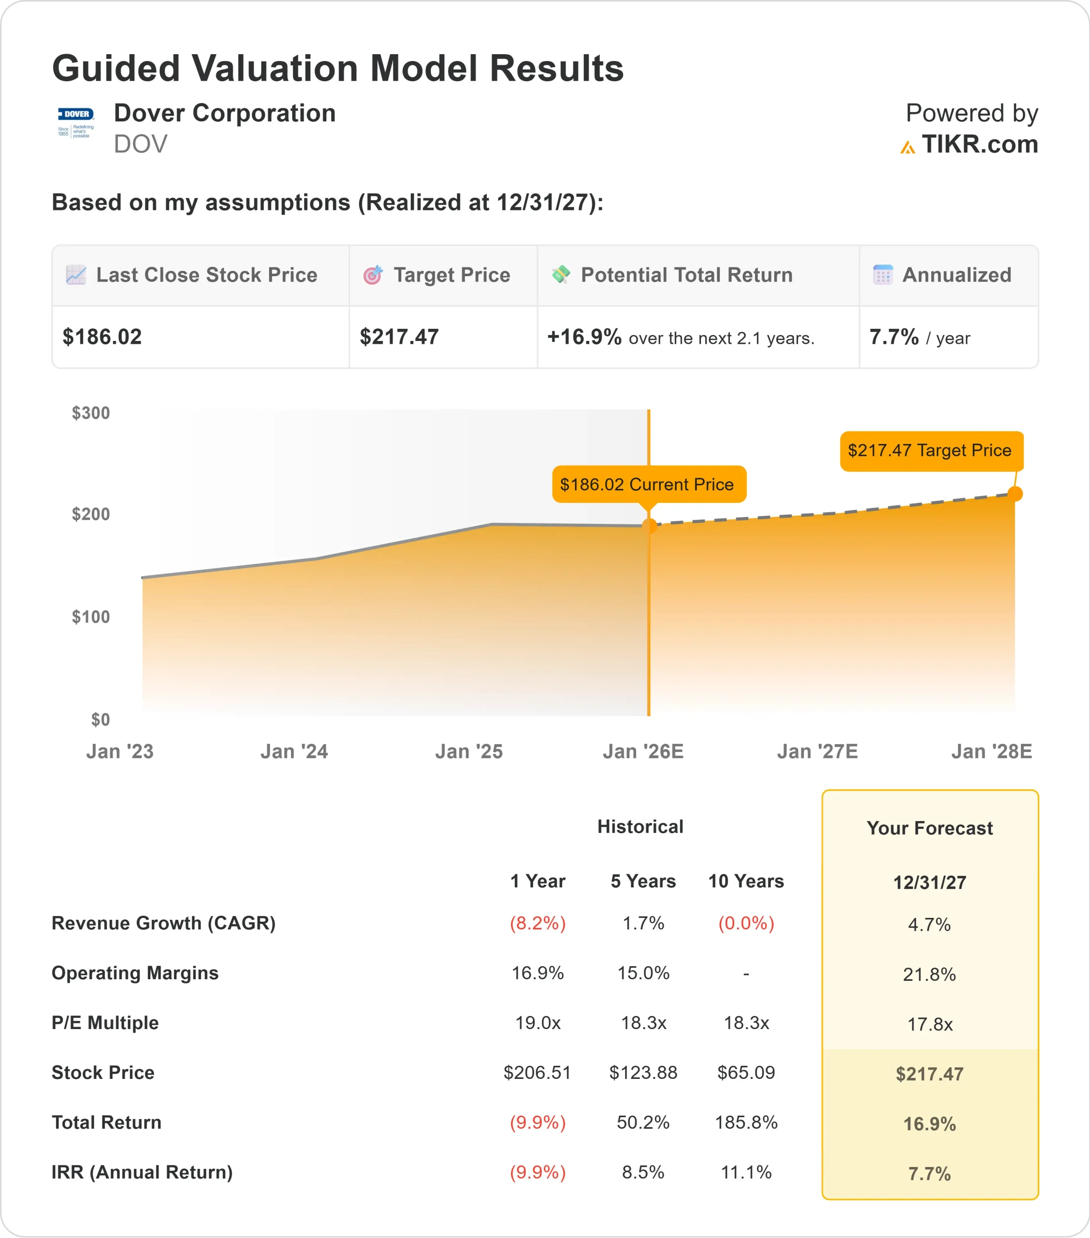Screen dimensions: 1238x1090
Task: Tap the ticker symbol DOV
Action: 141,144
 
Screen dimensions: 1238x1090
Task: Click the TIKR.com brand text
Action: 979,144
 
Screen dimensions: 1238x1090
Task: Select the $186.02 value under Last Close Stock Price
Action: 102,337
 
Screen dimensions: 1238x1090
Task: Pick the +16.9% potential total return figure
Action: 584,337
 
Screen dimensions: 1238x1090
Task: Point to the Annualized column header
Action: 956,275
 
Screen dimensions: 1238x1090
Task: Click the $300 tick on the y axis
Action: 91,413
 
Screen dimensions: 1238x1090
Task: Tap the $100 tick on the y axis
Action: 91,617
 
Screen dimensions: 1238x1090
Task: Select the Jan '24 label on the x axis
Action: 294,751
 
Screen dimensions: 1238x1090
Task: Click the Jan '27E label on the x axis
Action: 817,751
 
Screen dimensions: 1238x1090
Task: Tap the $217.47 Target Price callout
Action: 930,451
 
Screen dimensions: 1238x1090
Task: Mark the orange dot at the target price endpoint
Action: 1015,494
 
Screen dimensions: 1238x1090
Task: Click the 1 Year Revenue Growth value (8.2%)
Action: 538,923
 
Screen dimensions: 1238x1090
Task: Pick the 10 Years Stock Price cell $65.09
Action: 746,1073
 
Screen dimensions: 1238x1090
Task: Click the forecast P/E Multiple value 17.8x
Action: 930,1024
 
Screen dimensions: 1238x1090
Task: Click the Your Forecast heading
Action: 930,828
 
